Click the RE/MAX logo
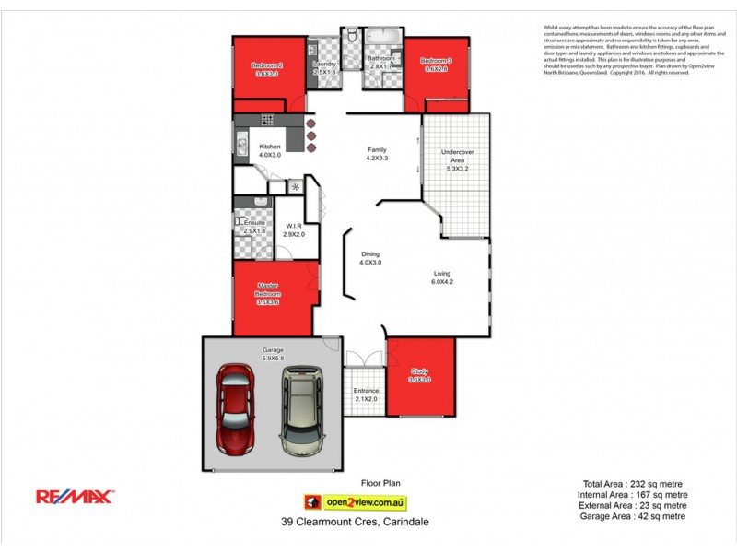tap(75, 497)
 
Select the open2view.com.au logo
tap(356, 502)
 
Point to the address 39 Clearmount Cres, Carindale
tap(355, 522)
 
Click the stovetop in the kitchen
tap(269, 120)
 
